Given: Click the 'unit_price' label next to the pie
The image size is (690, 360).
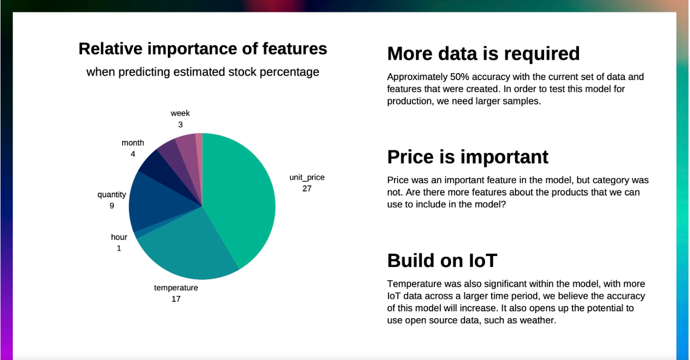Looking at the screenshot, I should [307, 177].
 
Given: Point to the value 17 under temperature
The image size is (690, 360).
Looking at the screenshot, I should [176, 299].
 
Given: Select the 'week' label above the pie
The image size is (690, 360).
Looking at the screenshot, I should [180, 113].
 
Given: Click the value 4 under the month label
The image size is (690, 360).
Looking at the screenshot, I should [133, 154].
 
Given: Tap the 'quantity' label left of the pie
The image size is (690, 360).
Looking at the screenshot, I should [112, 194].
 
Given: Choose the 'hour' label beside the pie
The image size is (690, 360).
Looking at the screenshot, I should [119, 237].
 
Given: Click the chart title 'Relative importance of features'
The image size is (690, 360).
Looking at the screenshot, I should [203, 49].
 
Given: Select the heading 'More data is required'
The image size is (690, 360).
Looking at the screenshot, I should [483, 53].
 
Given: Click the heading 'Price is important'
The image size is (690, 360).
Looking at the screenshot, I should [467, 157].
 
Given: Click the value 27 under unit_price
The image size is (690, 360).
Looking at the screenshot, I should [307, 188].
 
